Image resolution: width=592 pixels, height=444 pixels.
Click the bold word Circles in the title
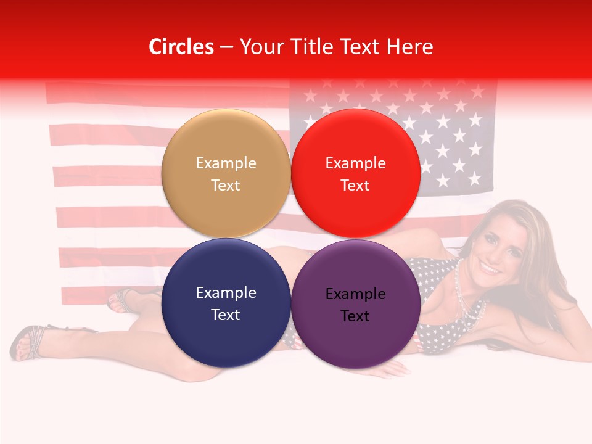click(181, 47)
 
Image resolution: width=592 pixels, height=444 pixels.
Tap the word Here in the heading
click(409, 47)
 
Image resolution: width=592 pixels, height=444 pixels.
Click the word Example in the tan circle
click(226, 163)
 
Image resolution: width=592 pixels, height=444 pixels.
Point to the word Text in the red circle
click(355, 185)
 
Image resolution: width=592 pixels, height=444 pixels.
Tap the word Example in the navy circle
click(226, 292)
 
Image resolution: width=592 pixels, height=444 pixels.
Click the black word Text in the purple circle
click(355, 316)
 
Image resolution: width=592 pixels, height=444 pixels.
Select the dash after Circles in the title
click(226, 47)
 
